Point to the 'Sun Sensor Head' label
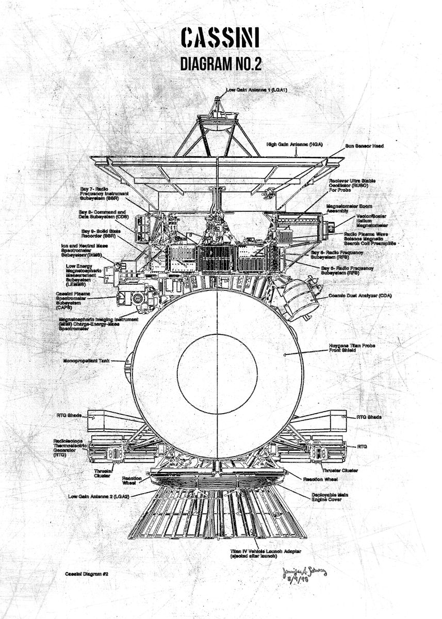coord(364,146)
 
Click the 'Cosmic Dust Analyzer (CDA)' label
coord(361,296)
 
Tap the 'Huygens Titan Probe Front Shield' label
coord(352,348)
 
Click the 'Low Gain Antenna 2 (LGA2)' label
coord(99,496)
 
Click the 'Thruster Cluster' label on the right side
coord(339,470)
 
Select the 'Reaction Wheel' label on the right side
coord(320,480)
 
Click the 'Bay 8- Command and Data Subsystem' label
coord(103,215)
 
